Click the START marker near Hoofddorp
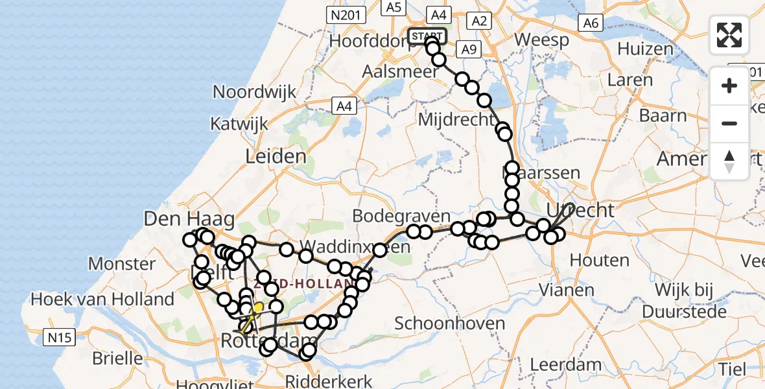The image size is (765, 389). tap(427, 36)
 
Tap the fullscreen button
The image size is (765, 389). tap(729, 35)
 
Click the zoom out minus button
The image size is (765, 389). tap(729, 123)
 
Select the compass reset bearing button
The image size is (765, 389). tap(729, 161)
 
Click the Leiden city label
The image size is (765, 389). tap(276, 156)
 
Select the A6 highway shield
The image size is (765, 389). tap(591, 23)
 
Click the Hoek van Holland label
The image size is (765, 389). tap(102, 299)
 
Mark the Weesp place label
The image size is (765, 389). tap(541, 40)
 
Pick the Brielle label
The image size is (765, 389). tap(117, 357)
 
